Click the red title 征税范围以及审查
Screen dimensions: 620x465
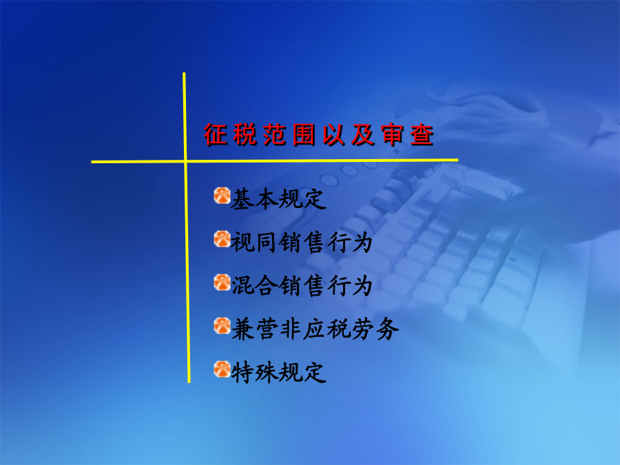[319, 135]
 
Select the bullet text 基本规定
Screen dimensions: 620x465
[278, 198]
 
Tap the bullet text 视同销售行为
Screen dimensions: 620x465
[302, 242]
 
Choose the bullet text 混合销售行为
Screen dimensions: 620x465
[302, 285]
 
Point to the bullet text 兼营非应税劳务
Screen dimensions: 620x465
[315, 329]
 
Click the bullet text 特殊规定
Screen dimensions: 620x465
[278, 373]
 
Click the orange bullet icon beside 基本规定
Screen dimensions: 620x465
[222, 196]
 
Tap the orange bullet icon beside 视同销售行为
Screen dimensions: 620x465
[222, 239]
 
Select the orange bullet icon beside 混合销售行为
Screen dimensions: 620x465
[222, 282]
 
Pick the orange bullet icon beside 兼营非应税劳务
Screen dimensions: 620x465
[222, 326]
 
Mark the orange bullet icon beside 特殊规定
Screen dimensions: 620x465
[222, 369]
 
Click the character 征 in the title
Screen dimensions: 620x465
[216, 135]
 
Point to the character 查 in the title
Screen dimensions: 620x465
[422, 135]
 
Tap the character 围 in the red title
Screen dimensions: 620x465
[304, 135]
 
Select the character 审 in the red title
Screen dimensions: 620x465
[392, 135]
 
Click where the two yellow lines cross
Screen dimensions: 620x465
[185, 161]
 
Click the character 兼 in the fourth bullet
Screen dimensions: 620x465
[242, 329]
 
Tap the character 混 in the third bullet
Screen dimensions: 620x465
[242, 285]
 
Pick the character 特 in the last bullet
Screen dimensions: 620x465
[242, 373]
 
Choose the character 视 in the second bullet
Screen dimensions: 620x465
[242, 242]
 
